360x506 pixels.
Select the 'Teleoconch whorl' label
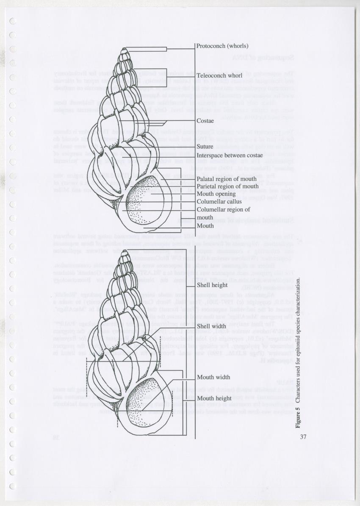pos(219,75)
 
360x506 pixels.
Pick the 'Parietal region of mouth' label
pos(227,186)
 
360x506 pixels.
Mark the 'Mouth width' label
pos(213,377)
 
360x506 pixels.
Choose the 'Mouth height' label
pos(214,398)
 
